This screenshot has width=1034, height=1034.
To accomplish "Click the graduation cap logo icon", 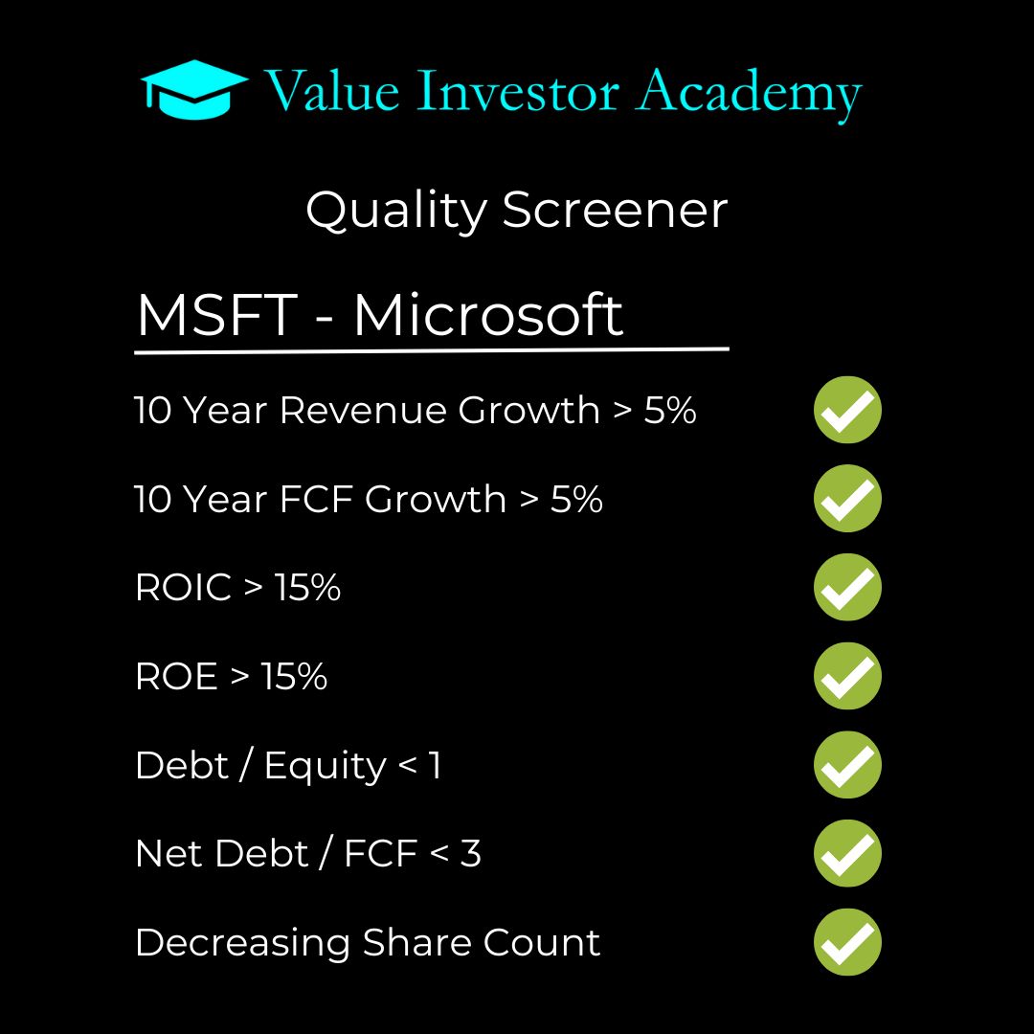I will click(194, 90).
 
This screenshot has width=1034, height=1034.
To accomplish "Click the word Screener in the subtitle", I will click(615, 210).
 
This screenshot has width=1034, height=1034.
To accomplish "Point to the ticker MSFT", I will click(216, 315).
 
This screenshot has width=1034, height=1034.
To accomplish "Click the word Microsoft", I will click(488, 315).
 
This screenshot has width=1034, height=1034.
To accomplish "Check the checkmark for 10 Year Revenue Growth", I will click(847, 410).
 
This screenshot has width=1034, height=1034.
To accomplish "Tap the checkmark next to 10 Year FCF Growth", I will click(847, 499).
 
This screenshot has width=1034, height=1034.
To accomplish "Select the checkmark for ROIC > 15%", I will click(847, 587).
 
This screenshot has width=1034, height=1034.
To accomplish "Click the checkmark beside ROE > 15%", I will click(847, 676).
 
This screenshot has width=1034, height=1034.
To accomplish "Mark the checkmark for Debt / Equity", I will click(847, 765).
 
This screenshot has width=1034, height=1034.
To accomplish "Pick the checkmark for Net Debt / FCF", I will click(847, 853).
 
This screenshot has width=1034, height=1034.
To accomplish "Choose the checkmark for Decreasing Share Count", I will click(847, 942).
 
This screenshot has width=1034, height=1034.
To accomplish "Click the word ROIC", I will click(184, 588).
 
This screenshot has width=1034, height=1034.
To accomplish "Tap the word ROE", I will click(177, 677).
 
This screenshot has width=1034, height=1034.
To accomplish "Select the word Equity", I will click(326, 767).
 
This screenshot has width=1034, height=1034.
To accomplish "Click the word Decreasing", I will click(243, 944).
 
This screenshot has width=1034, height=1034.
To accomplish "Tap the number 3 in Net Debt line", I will click(470, 854).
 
